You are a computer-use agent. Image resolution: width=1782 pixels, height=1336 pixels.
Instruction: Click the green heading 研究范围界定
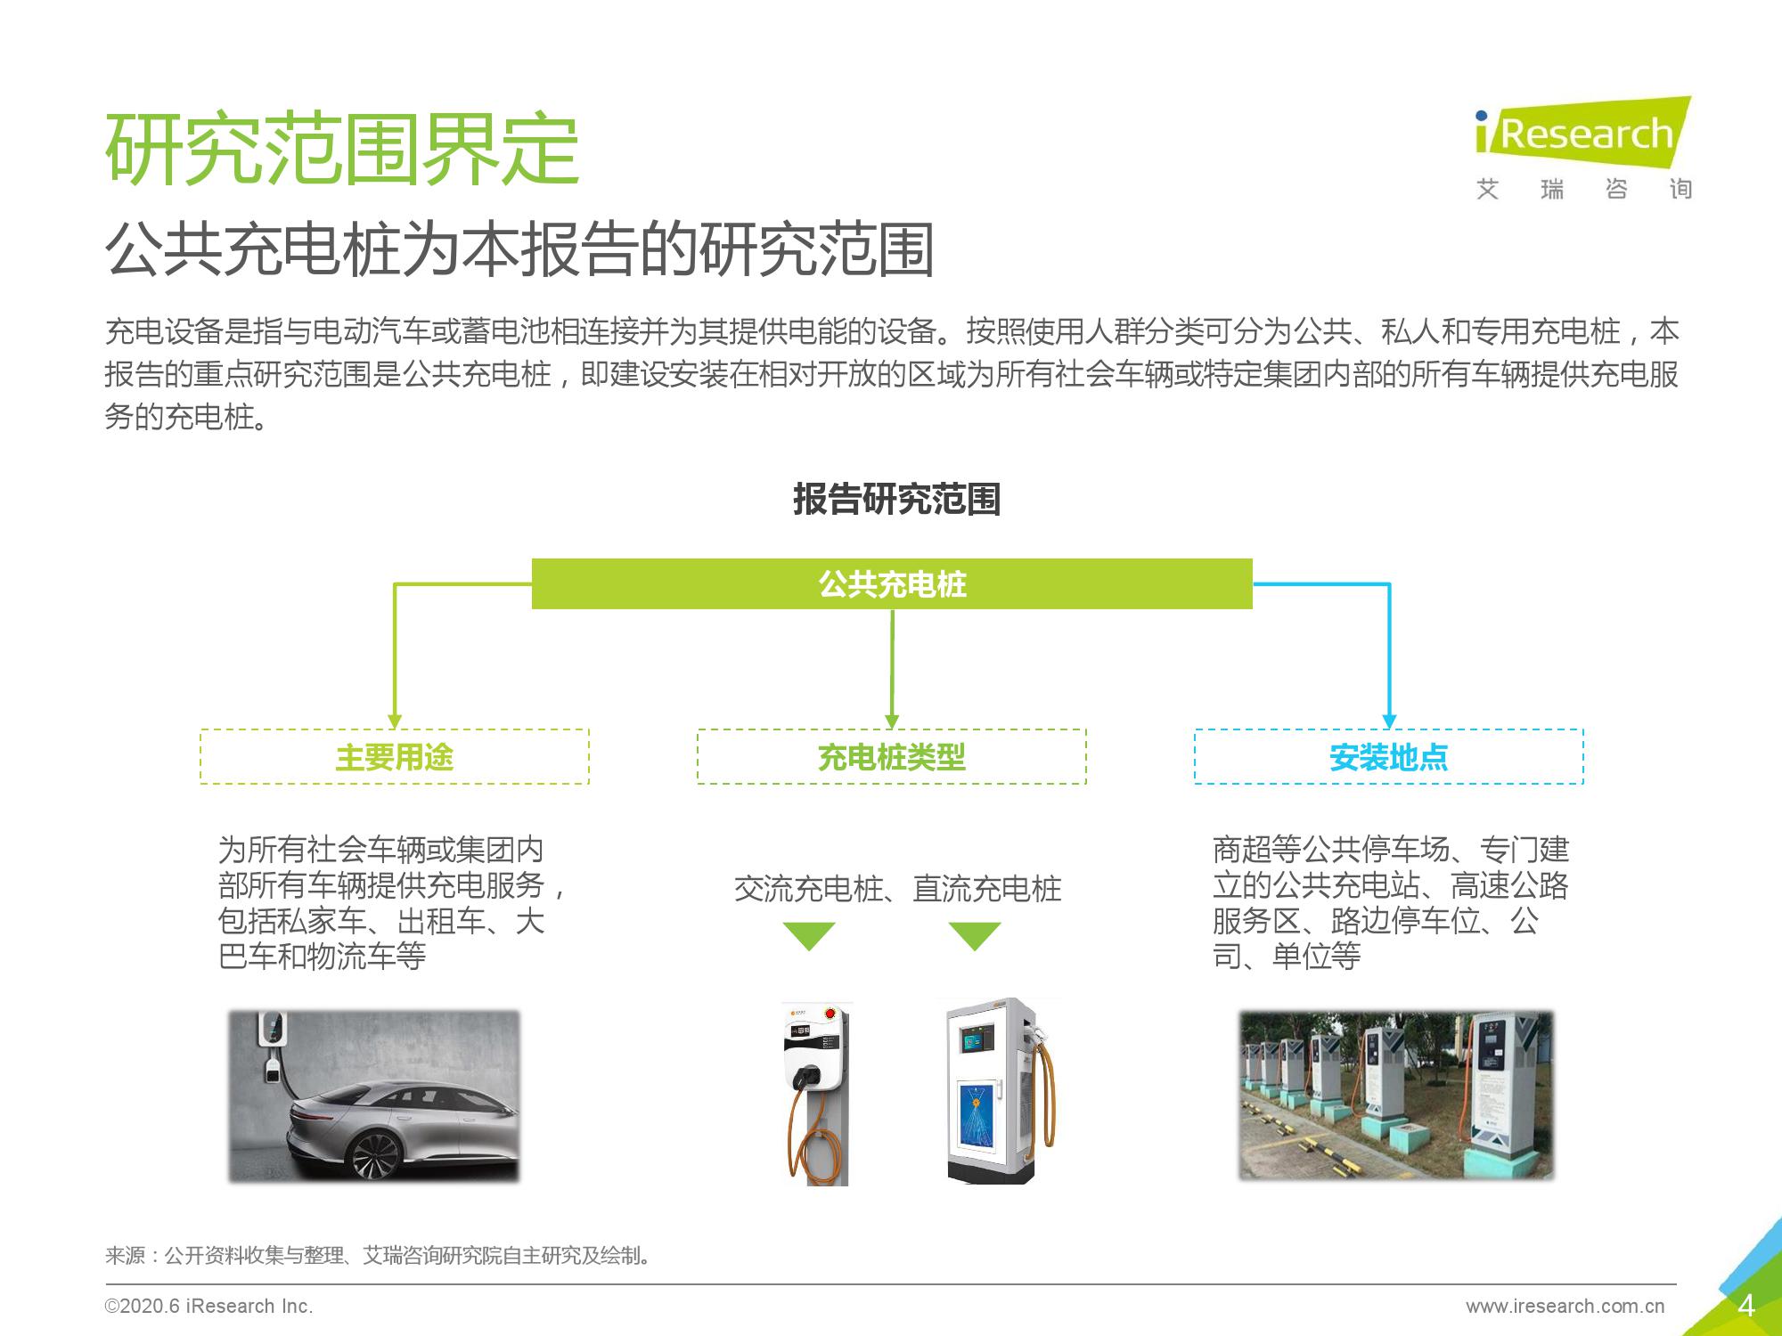click(x=342, y=150)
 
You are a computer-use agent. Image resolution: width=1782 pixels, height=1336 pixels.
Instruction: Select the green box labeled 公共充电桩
click(x=892, y=584)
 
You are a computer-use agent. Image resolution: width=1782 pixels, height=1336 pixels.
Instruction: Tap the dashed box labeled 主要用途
click(x=395, y=757)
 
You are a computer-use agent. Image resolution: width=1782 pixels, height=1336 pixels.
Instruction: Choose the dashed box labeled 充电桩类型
click(x=892, y=757)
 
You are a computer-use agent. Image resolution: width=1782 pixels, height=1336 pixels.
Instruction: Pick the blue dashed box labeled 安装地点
click(x=1388, y=757)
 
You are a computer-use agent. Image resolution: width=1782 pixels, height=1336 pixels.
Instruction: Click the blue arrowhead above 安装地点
click(x=1388, y=721)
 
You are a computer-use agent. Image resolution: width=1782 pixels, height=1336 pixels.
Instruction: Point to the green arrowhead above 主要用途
click(x=395, y=721)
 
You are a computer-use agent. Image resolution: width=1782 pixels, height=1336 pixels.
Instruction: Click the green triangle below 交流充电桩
click(x=808, y=935)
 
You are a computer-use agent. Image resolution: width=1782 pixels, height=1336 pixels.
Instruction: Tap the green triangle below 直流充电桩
click(x=975, y=935)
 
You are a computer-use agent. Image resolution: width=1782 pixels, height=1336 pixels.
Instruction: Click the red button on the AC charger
click(x=831, y=1014)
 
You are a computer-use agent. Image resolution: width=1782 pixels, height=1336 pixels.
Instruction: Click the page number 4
click(x=1745, y=1306)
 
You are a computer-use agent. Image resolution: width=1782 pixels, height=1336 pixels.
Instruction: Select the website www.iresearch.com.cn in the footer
click(x=1565, y=1307)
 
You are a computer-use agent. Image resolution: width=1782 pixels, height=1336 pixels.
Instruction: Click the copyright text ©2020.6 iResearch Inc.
click(x=209, y=1307)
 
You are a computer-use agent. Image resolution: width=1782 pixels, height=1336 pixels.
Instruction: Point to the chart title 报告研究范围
click(x=896, y=499)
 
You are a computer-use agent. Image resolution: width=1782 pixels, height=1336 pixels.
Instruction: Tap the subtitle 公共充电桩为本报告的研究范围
click(x=519, y=249)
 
